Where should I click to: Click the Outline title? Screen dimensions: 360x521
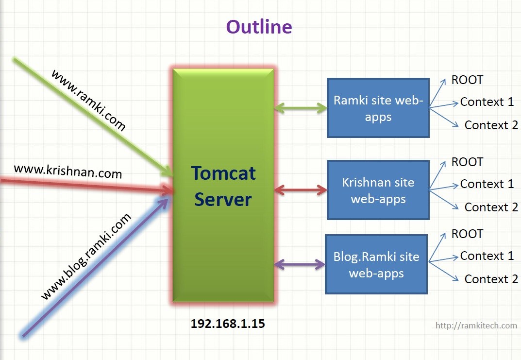[x=259, y=27]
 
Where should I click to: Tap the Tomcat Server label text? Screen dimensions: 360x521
[x=223, y=186]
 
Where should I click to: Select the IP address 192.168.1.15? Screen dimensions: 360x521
[x=228, y=324]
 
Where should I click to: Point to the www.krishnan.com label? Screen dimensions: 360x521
[x=68, y=171]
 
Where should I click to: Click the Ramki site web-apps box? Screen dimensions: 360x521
[x=378, y=108]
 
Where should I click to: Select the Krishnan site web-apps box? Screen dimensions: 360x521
[x=378, y=190]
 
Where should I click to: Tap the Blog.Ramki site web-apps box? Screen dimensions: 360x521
[x=376, y=264]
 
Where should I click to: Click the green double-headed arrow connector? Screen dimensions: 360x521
[x=301, y=108]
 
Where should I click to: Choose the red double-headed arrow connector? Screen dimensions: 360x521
[x=301, y=190]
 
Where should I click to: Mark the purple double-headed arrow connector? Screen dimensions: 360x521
[x=300, y=264]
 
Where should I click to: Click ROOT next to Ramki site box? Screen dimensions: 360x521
[x=467, y=80]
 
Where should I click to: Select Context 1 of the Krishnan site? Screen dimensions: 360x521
[x=487, y=184]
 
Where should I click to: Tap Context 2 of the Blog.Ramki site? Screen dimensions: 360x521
[x=491, y=279]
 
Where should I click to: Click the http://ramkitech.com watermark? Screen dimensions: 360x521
[x=476, y=326]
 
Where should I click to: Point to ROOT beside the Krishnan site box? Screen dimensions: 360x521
[x=467, y=162]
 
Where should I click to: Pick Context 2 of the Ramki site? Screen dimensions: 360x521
[x=491, y=125]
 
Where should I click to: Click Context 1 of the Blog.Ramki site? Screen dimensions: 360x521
[x=487, y=256]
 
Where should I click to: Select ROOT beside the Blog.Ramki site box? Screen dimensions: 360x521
[x=467, y=234]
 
